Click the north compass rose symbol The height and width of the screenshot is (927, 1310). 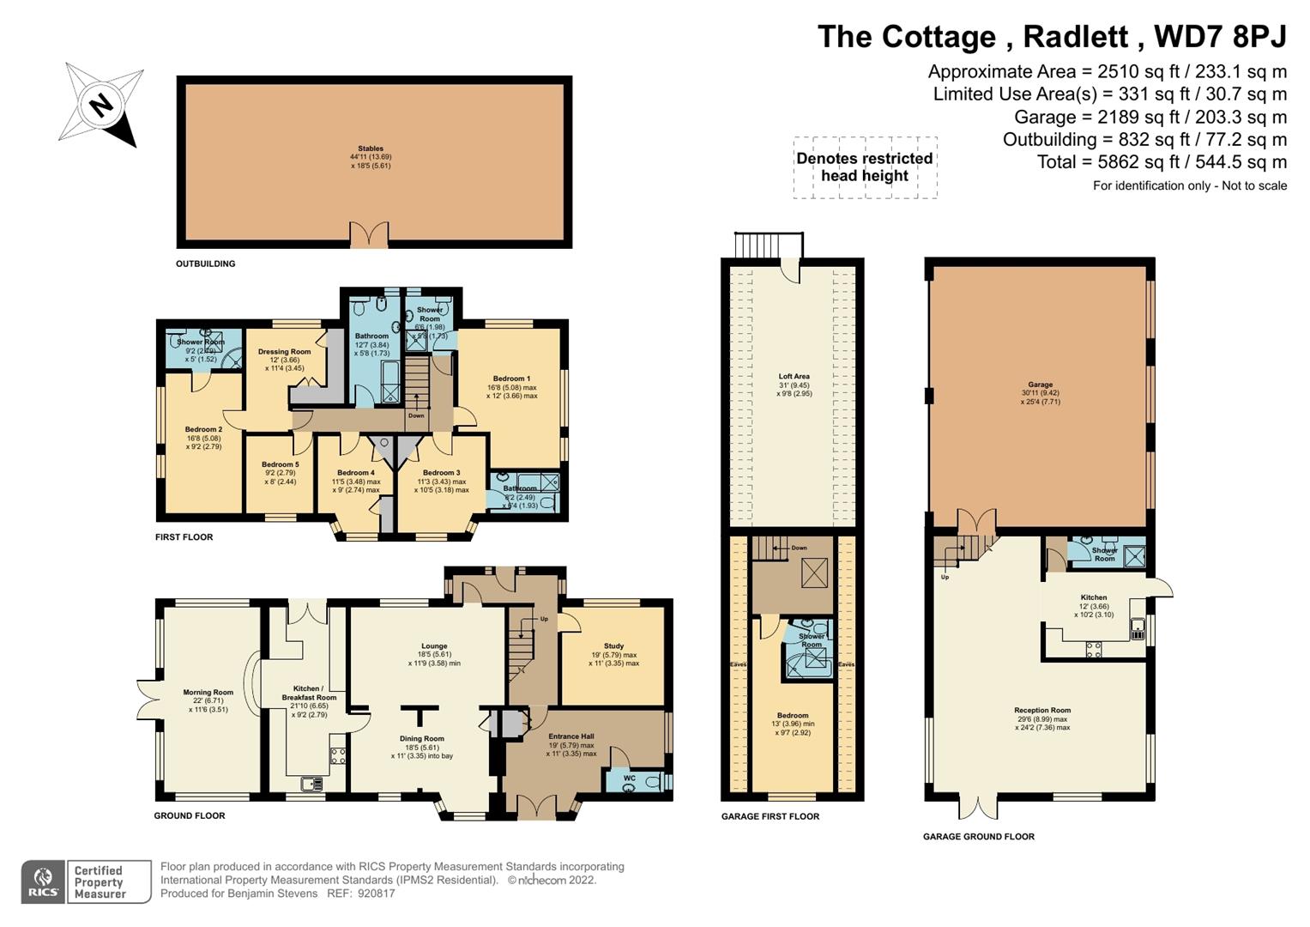[101, 105]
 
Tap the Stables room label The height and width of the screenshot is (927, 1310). [371, 148]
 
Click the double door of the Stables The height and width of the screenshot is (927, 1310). [370, 234]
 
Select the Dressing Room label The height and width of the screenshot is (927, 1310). [284, 352]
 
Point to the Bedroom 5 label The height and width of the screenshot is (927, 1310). [280, 464]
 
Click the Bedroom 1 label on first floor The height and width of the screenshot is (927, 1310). [511, 379]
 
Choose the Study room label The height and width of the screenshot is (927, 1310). [613, 646]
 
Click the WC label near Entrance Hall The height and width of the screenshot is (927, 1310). [629, 779]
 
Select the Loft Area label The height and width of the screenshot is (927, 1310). [794, 376]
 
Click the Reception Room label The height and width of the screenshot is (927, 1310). [1042, 710]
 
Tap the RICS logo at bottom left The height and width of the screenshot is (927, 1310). [43, 882]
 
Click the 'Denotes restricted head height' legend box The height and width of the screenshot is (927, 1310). [864, 167]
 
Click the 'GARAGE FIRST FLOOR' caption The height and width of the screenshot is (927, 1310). [770, 816]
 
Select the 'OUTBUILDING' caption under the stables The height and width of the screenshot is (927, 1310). [205, 264]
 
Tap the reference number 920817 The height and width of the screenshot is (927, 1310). [377, 894]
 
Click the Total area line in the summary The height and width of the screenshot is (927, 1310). [1162, 162]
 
